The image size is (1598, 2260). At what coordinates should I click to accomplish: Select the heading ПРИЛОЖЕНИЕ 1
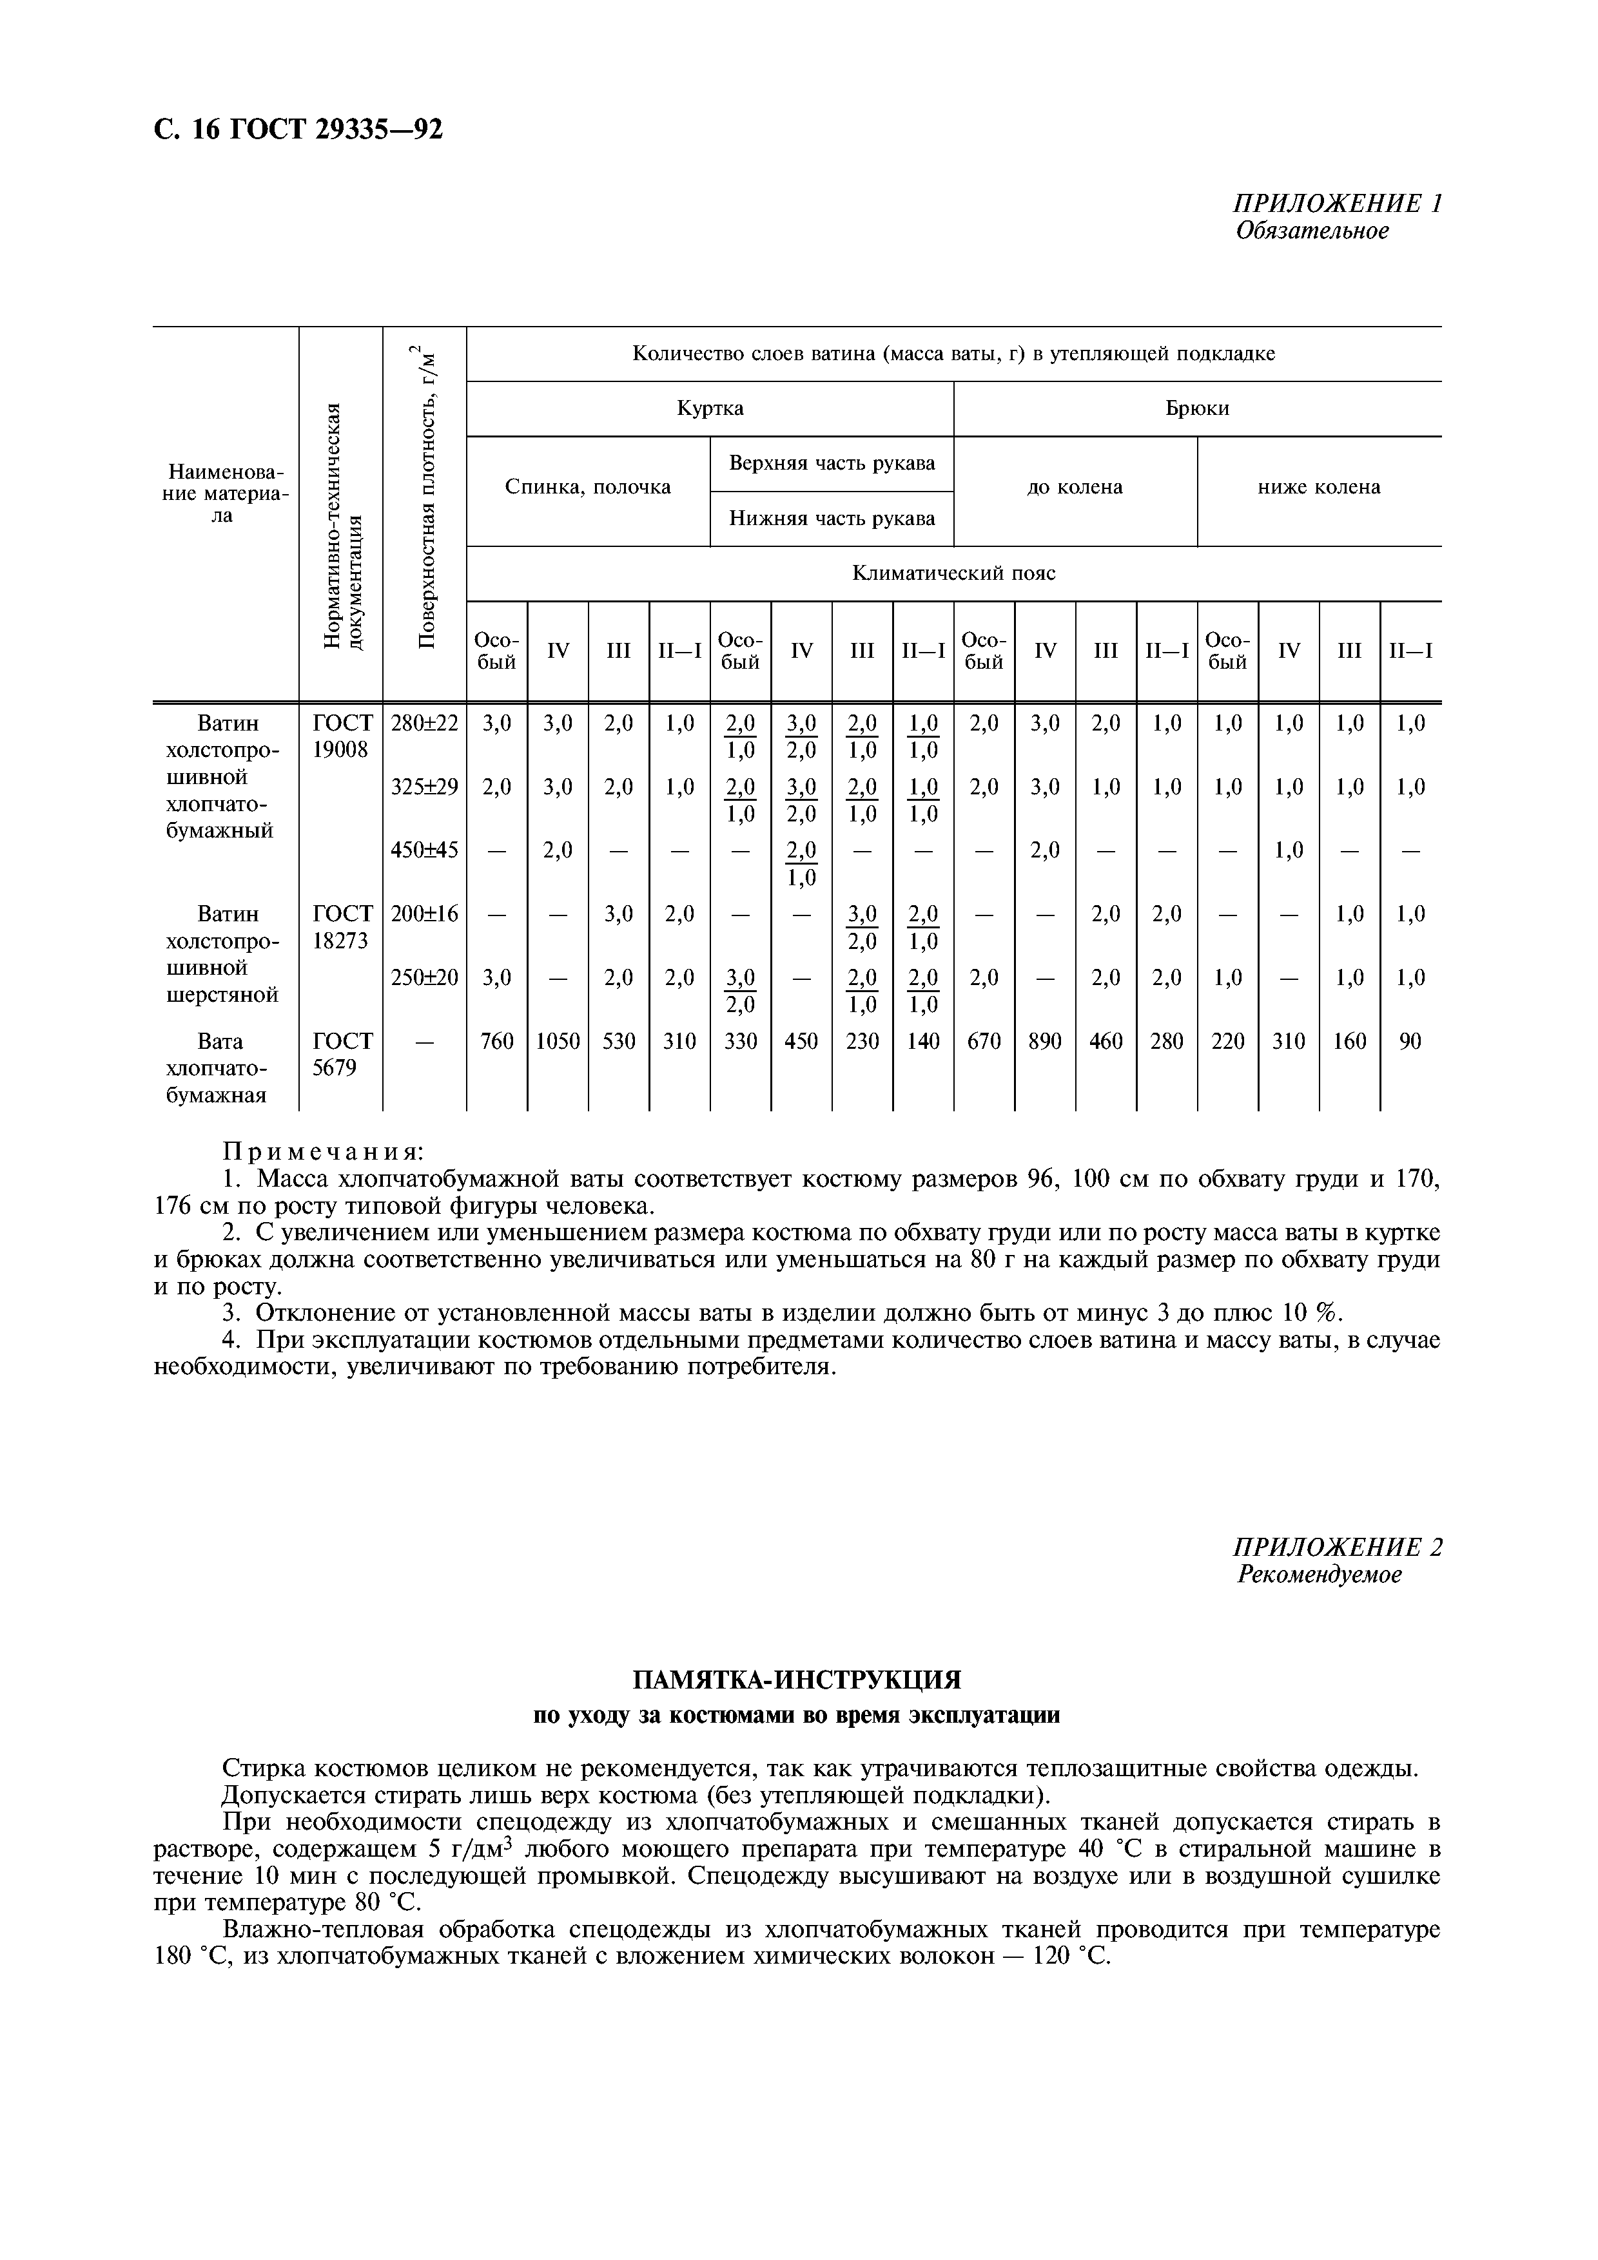point(1337,204)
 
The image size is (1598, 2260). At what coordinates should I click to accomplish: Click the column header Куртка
point(709,408)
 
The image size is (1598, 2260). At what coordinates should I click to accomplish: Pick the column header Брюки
point(1196,408)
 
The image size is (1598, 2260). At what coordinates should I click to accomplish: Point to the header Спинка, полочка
point(588,487)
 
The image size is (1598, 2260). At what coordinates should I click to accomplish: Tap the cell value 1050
point(558,1041)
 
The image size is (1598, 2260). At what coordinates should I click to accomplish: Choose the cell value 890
point(1045,1041)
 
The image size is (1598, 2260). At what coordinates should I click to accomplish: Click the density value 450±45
point(424,850)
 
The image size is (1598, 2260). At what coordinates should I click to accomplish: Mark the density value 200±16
point(424,914)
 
